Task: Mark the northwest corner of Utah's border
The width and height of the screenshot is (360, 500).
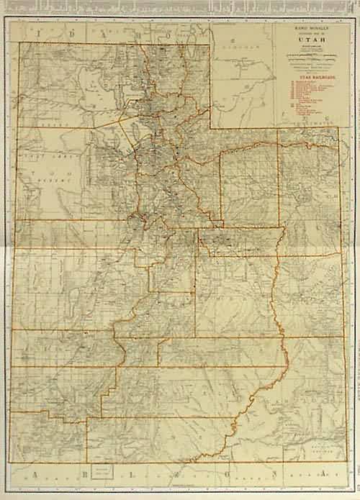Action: tap(19, 43)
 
